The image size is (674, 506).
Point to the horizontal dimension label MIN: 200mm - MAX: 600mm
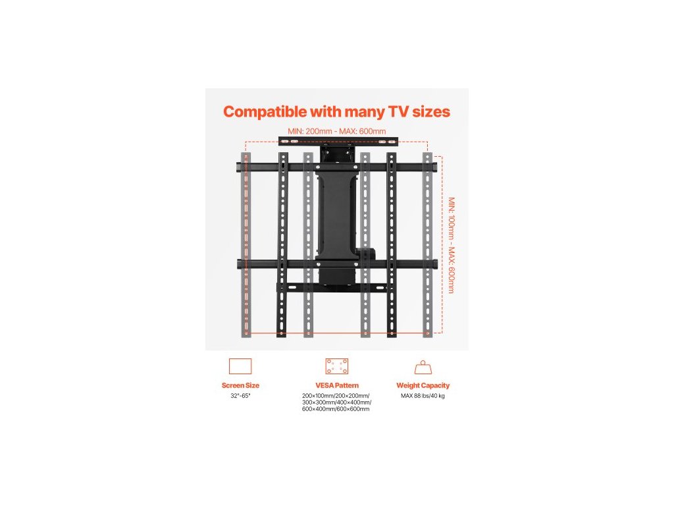336,131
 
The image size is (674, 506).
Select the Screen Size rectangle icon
240,366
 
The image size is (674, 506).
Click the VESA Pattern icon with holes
336,366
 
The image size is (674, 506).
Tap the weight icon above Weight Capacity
423,367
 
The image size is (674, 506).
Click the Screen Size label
240,385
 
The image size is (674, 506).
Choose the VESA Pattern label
336,385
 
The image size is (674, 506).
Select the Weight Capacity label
423,385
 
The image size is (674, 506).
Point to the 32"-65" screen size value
240,396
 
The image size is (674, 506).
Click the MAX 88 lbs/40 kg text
423,396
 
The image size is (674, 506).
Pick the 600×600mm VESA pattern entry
353,409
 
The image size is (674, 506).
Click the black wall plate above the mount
338,140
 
